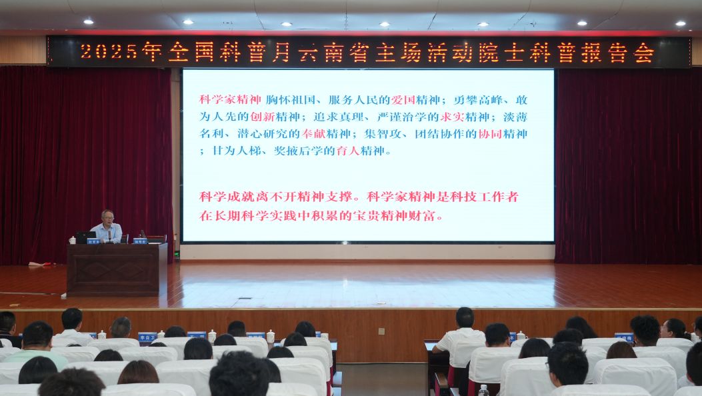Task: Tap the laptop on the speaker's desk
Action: (x=85, y=237)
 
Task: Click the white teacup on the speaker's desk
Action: (x=72, y=239)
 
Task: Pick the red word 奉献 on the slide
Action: (x=314, y=133)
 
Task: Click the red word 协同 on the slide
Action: (x=491, y=133)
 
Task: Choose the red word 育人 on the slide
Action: (x=347, y=151)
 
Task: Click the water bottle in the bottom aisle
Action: (x=483, y=390)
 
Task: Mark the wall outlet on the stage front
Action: (x=381, y=331)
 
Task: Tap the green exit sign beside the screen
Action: (x=177, y=254)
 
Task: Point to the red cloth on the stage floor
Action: (x=39, y=265)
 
